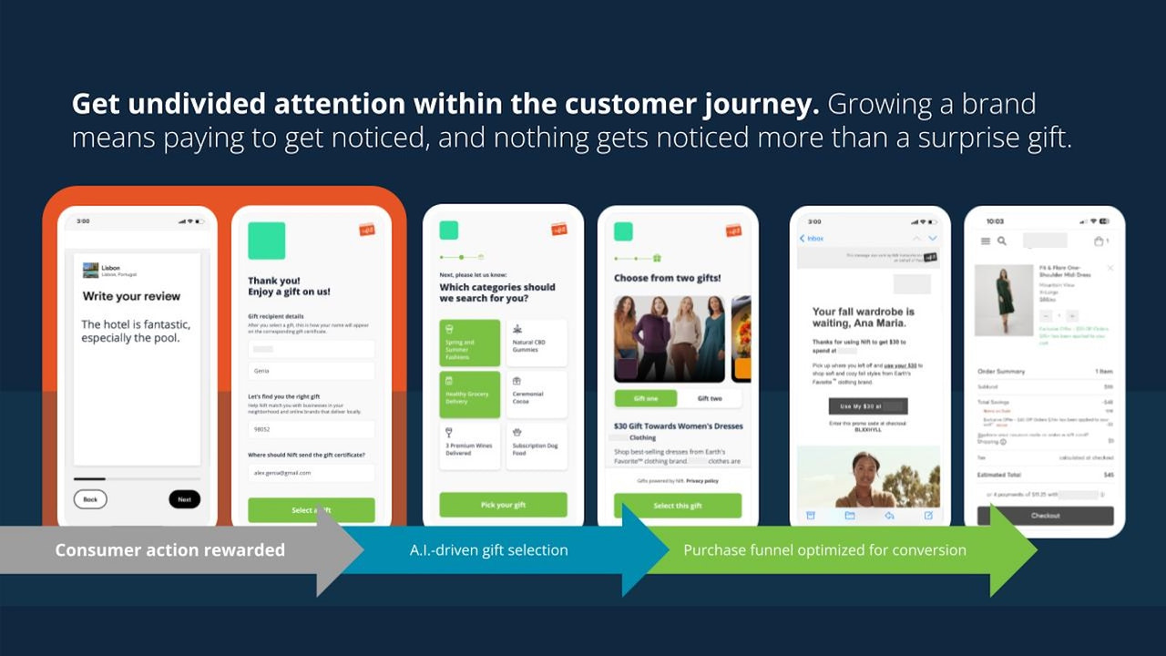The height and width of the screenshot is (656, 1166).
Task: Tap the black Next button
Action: coord(184,499)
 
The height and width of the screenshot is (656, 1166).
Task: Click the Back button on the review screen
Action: coord(90,499)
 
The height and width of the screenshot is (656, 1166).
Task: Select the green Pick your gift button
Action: coord(503,505)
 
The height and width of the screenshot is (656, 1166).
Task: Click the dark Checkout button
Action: coord(1045,516)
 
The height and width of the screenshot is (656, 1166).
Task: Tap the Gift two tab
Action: coord(710,398)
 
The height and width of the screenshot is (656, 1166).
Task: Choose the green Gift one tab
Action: coord(646,398)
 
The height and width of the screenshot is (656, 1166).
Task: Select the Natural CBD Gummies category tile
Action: coord(536,343)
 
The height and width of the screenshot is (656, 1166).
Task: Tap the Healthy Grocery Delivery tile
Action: coord(470,395)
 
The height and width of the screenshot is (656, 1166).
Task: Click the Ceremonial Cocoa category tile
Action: coord(536,395)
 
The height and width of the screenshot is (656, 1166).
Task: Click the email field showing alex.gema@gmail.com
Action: coord(311,473)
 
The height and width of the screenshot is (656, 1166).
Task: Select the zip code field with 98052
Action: coord(311,429)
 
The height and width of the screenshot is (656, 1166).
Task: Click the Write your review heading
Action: coord(131,296)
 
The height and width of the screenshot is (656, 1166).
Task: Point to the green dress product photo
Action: coord(1002,300)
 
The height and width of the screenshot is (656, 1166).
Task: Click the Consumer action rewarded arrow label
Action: coord(170,550)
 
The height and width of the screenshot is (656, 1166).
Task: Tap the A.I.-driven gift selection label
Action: coord(488,550)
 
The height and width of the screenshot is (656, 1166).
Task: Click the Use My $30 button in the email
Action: coord(867,406)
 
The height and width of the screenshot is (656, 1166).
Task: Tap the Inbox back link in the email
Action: coord(812,239)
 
